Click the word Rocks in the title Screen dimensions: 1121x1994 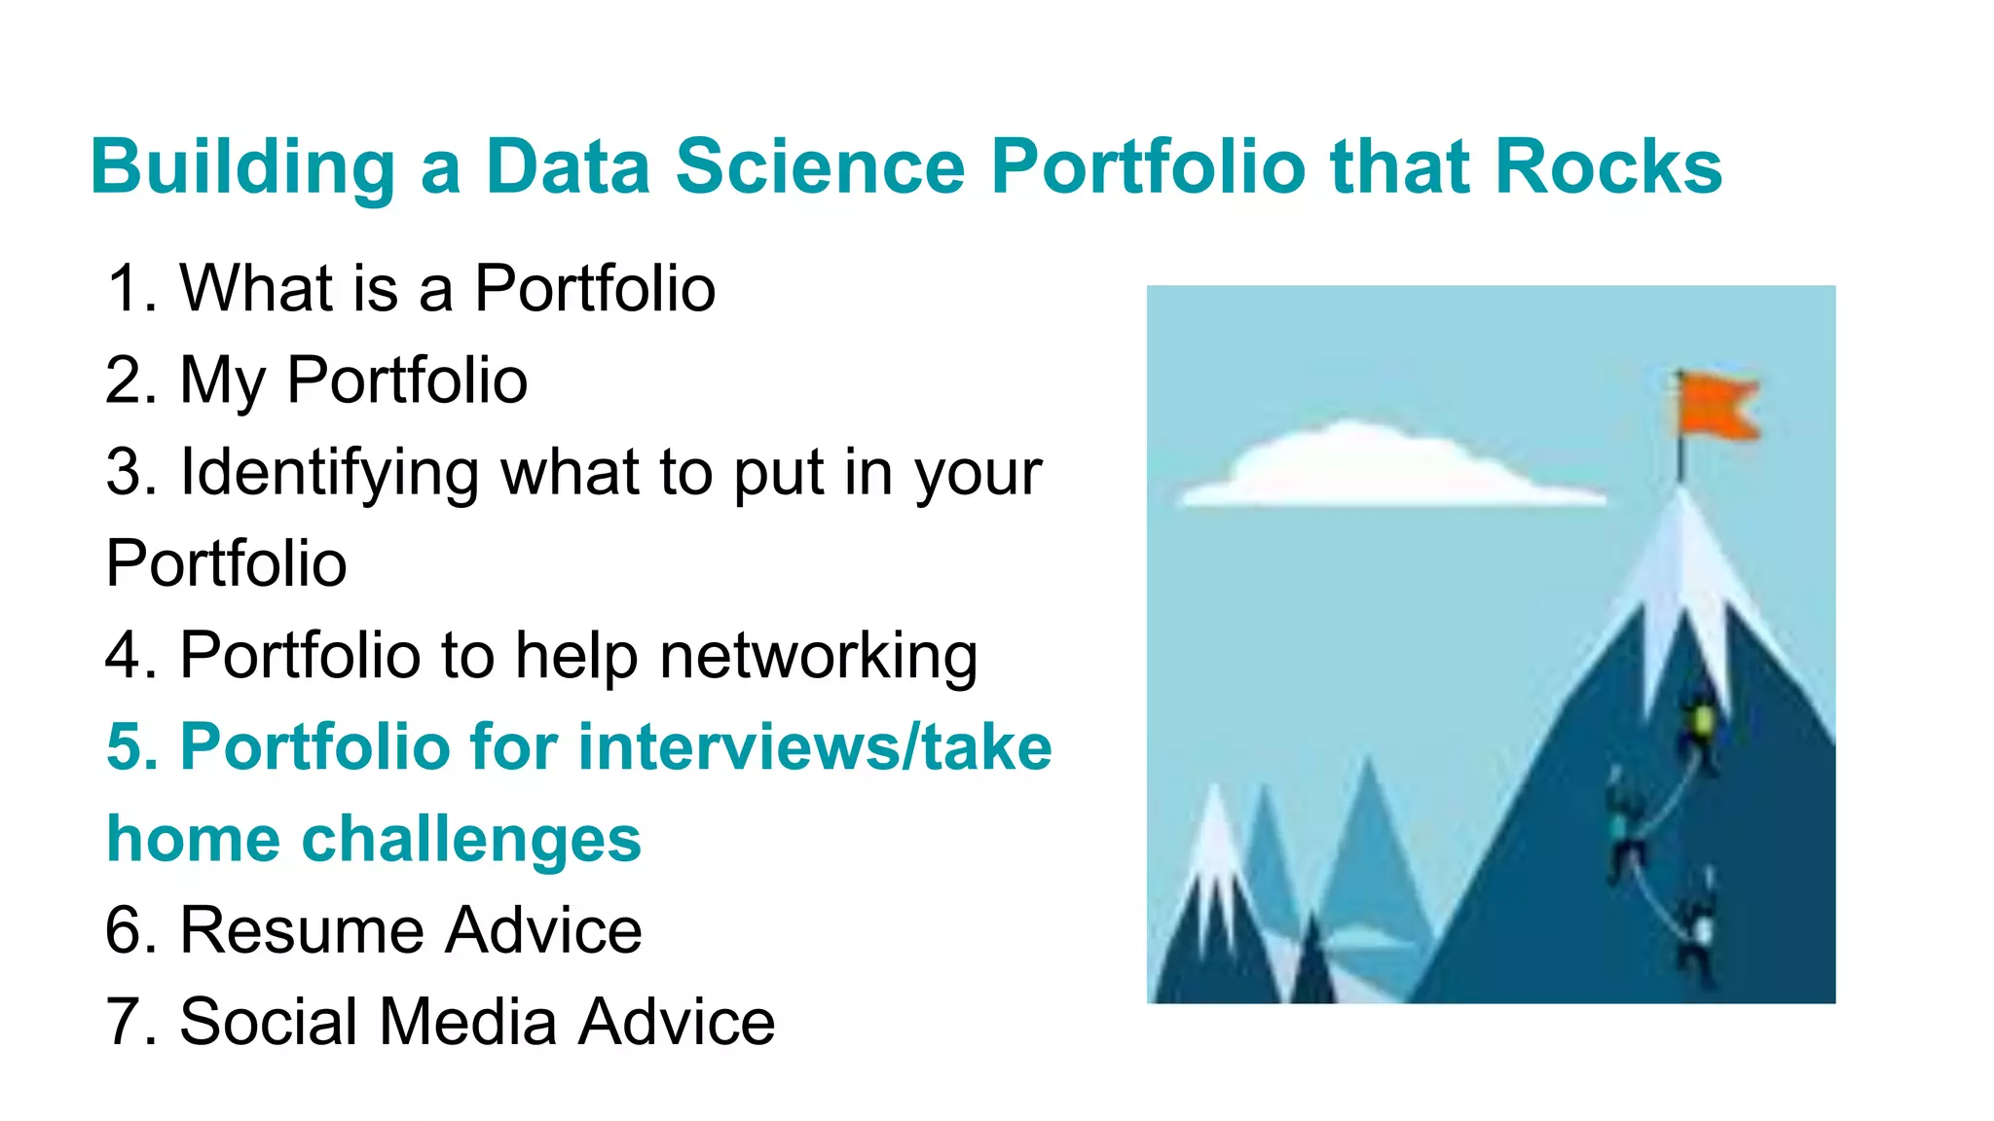[1608, 167]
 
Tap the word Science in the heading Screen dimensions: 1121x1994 [820, 167]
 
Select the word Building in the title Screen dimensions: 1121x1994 [242, 167]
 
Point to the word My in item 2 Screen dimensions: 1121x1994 [222, 380]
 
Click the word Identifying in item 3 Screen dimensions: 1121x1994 [330, 473]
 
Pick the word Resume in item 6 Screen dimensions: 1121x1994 [301, 930]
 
